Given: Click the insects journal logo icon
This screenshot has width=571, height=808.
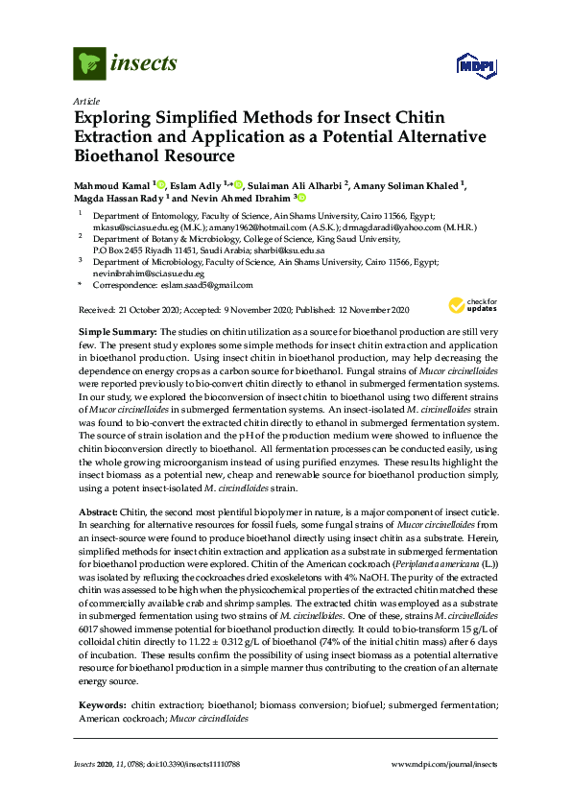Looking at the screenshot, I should [x=89, y=63].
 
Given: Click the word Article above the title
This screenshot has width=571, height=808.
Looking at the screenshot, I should [x=85, y=101].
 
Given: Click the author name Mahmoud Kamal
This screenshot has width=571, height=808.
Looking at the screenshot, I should [x=112, y=184].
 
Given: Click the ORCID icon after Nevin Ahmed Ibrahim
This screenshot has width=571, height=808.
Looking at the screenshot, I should [x=300, y=198].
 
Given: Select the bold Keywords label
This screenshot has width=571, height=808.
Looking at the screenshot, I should [x=101, y=677].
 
